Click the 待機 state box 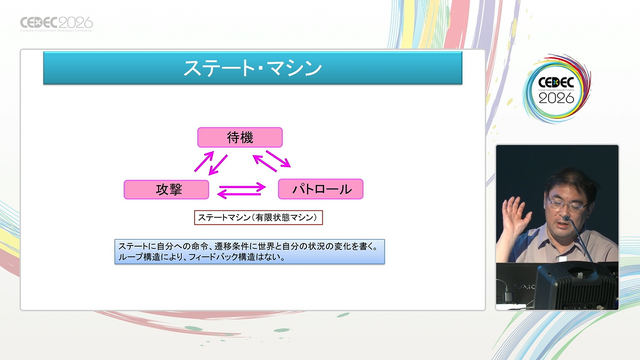tap(240, 137)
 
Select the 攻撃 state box tap(167, 189)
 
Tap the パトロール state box tap(321, 189)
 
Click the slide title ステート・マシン tap(253, 68)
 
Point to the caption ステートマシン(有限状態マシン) tap(258, 218)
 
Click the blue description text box tap(249, 252)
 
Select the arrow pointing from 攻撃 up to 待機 tap(204, 161)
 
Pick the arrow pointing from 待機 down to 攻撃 tap(218, 165)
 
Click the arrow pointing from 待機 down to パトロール tap(278, 159)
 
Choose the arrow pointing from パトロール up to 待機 tap(265, 163)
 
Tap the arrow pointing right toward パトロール tap(242, 187)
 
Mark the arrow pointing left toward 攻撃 tap(240, 194)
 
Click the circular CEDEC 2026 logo tap(556, 89)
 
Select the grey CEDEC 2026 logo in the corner tap(57, 24)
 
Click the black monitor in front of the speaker tap(576, 287)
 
